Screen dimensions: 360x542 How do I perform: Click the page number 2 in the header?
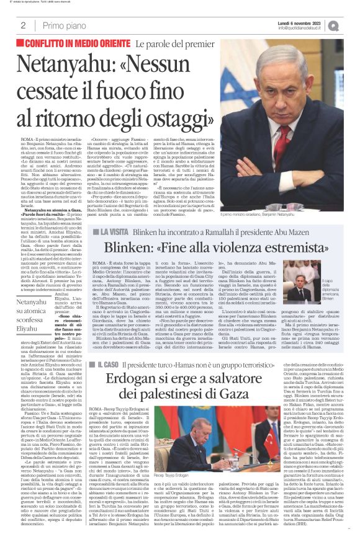coord(22,25)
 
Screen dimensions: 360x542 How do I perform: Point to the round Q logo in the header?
coord(351,25)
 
